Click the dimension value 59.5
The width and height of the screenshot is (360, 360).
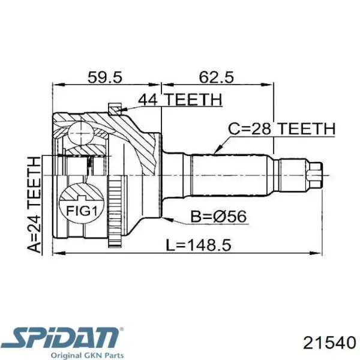pos(105,77)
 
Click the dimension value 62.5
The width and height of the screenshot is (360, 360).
pos(216,77)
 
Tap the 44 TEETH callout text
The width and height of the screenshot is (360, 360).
pos(180,100)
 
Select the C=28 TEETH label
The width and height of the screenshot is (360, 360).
pos(282,128)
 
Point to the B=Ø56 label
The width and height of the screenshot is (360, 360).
pos(218,216)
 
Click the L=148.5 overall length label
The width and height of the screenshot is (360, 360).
pos(199,245)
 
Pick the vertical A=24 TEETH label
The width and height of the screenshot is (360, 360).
pos(34,205)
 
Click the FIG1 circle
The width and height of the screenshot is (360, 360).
pos(82,203)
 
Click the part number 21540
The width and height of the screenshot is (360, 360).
pos(329,344)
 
